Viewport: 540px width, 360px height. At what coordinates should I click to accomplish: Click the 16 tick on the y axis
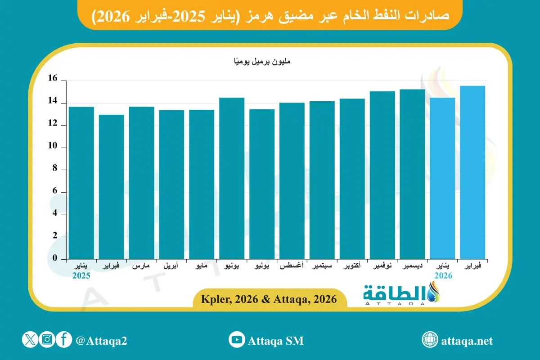53,79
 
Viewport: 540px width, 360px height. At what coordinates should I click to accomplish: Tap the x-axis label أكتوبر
352,267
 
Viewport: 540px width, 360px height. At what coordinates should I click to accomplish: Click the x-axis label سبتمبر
322,267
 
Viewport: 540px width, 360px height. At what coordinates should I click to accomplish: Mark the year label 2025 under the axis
81,276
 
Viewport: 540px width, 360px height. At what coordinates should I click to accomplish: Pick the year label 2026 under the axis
443,276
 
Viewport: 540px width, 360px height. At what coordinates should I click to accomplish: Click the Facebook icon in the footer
64,340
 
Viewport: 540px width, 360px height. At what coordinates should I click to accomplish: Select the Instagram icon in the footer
47,340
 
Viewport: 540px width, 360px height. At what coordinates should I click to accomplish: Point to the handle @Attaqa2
102,341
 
